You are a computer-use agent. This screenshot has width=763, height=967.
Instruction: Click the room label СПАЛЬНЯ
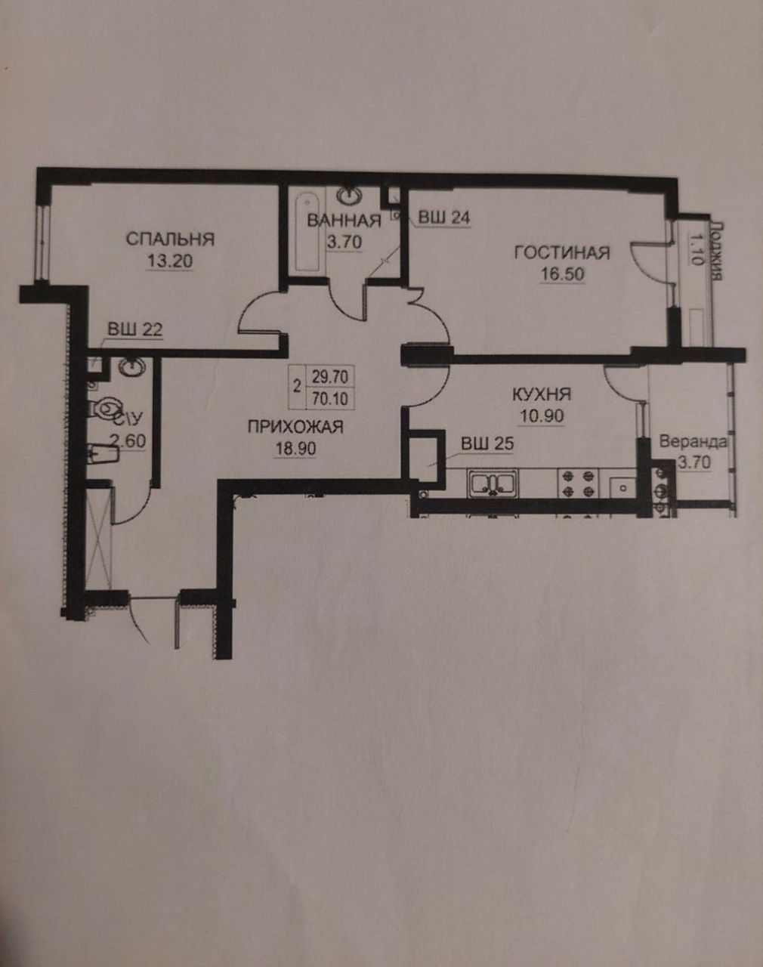point(170,239)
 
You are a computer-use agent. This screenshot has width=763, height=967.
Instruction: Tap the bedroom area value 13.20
point(170,261)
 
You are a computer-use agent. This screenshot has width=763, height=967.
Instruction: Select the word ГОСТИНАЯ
point(562,253)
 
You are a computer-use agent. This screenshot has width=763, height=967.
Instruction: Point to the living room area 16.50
point(562,274)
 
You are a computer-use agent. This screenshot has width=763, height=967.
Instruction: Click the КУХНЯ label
point(542,394)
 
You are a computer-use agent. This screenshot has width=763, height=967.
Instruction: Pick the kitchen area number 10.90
point(542,416)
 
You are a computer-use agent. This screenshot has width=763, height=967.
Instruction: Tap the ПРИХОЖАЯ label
point(295,427)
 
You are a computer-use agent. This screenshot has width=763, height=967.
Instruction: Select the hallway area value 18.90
point(295,449)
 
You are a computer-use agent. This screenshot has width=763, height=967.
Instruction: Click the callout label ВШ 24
point(444,218)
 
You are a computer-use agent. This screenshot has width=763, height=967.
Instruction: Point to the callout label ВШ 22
point(134,330)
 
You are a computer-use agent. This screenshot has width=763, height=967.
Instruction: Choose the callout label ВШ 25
point(487,444)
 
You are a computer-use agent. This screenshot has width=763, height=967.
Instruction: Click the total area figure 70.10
point(330,399)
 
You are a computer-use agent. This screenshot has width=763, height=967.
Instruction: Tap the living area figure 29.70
point(330,377)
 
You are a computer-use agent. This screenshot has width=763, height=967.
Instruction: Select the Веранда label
point(693,442)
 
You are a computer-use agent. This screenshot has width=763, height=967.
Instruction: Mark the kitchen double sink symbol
point(493,484)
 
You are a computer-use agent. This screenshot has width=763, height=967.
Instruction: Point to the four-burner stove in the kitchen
point(578,483)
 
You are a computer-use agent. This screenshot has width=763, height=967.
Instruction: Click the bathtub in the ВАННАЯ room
point(307,232)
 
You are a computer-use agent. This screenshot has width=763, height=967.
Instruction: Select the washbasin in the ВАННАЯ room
point(350,196)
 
